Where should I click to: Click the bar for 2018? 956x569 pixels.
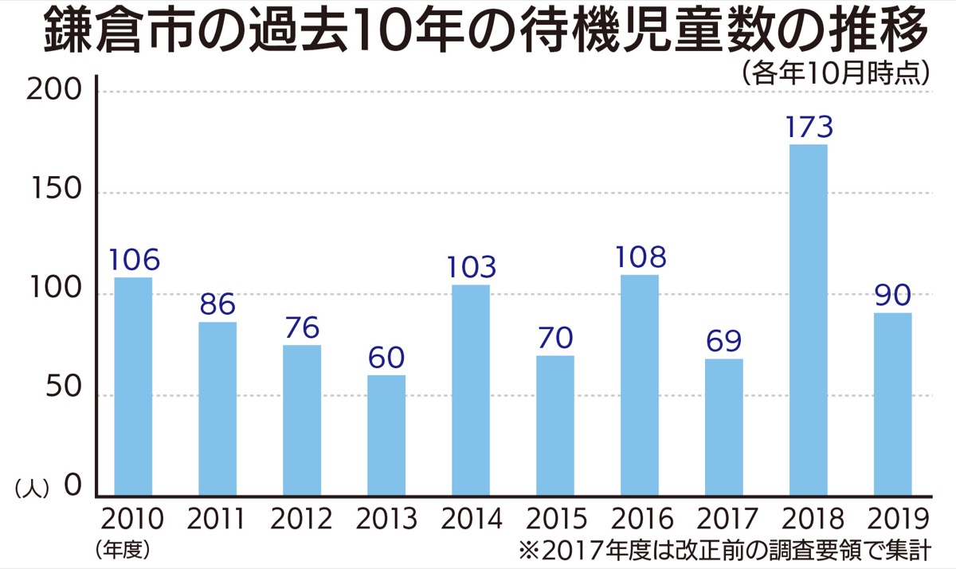point(808,320)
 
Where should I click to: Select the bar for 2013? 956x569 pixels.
point(386,435)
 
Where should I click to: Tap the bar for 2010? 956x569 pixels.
point(133,387)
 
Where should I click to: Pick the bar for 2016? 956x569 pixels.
point(639,385)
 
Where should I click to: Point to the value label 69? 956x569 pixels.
point(723,342)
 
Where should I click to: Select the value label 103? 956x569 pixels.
point(471,267)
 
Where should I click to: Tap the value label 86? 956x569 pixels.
point(217,305)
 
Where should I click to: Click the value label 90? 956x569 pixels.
point(892,296)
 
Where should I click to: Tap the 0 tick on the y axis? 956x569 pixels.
point(73,485)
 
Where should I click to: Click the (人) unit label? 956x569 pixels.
point(33,488)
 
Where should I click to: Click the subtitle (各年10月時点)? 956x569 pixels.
point(836,73)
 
